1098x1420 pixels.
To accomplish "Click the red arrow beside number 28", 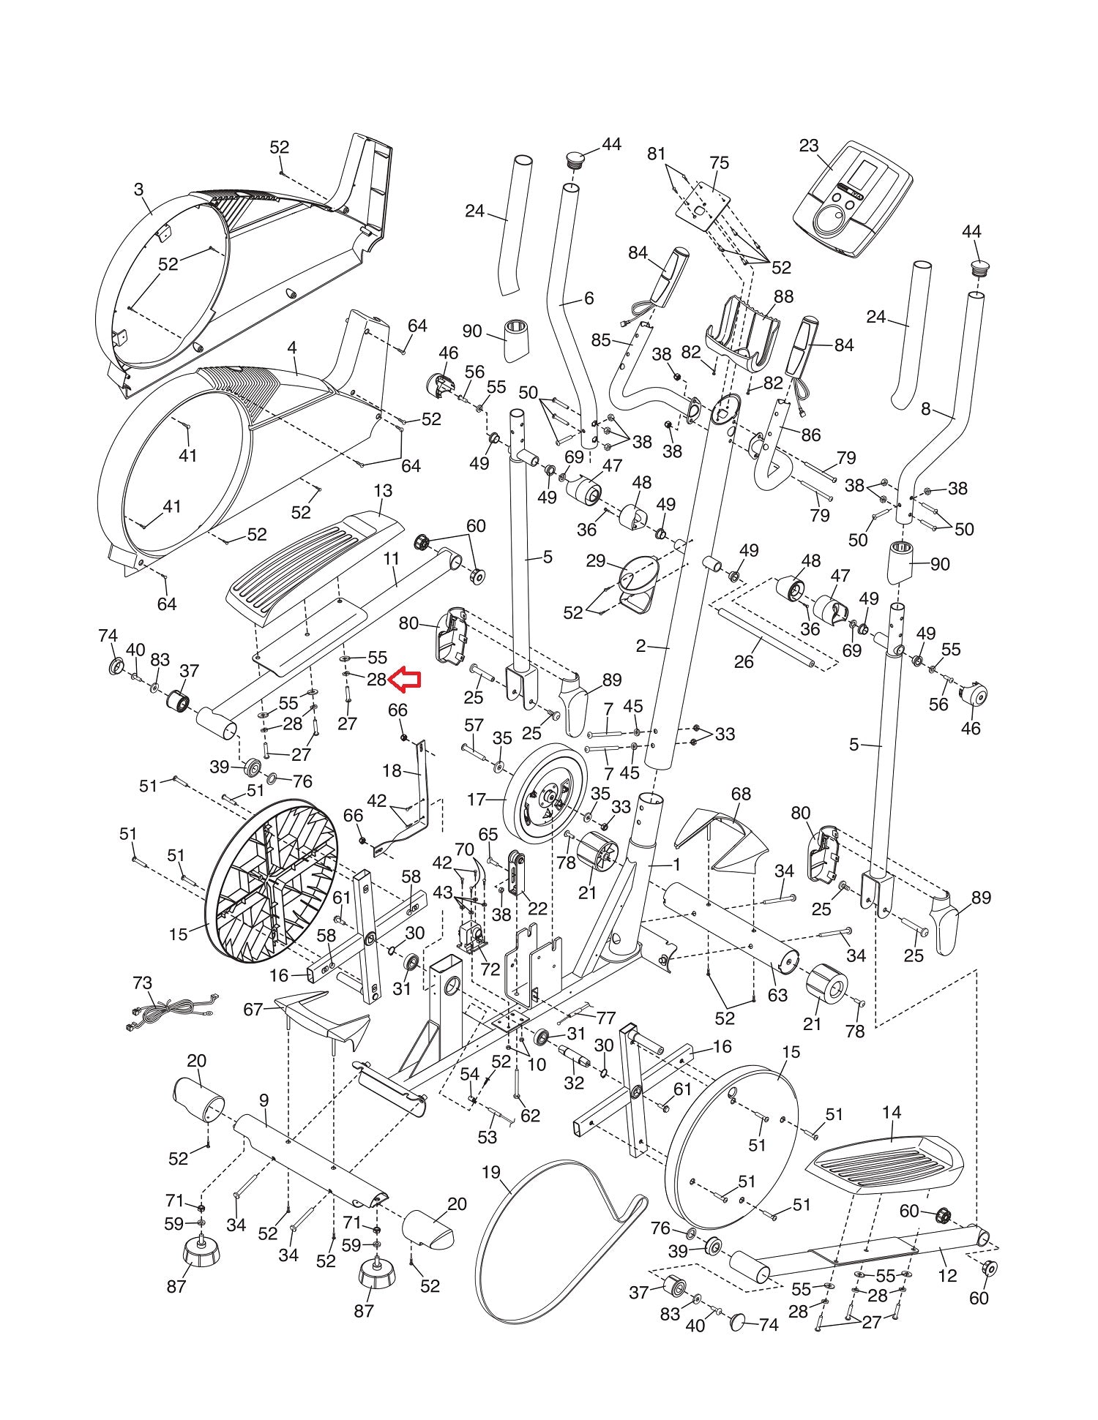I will point(404,680).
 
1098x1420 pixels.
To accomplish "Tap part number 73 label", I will point(143,982).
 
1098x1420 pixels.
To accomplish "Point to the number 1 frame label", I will point(677,865).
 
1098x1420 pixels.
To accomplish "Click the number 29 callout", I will point(596,561).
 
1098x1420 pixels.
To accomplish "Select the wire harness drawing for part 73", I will point(170,1013).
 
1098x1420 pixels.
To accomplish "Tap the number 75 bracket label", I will point(720,162).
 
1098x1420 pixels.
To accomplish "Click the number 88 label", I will point(784,297).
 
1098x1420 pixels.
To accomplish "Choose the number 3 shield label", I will point(139,189).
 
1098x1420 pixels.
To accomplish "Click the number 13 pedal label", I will point(383,490).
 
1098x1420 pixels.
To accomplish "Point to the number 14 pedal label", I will point(892,1113).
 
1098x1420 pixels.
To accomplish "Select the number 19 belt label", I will point(490,1173).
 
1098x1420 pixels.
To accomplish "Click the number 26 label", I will point(744,661).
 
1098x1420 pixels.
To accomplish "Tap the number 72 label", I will point(490,969).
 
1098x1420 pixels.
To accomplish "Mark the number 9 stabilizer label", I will point(264,1100).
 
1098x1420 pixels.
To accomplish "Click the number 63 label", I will point(777,995).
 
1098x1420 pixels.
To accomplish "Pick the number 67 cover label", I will point(253,1010).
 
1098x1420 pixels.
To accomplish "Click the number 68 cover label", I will point(741,794).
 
